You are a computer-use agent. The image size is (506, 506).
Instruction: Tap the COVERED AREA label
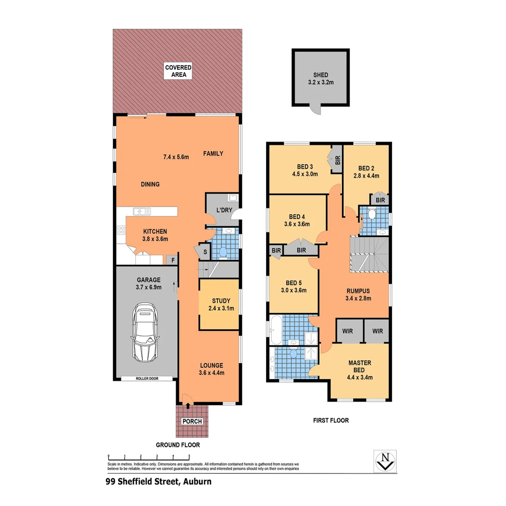point(178,71)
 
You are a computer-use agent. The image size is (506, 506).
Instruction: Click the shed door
point(316,109)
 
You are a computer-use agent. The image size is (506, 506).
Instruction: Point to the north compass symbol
point(385,461)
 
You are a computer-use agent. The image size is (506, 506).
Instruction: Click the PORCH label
point(192,421)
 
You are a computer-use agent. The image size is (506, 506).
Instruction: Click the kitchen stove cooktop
point(121,230)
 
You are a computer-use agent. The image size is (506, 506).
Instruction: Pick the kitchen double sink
point(141,211)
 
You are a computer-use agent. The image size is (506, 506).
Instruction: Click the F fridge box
point(173,259)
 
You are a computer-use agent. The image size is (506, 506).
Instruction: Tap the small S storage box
point(205,252)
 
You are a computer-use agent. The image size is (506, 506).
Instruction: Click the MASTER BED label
point(360,366)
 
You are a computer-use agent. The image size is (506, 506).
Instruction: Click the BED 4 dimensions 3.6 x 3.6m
point(297,224)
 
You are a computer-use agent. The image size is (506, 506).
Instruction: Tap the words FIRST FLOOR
point(331,420)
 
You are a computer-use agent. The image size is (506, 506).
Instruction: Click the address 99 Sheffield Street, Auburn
point(158,481)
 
